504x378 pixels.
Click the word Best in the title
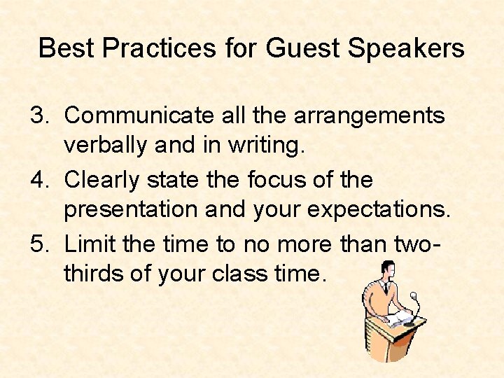tap(64, 48)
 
